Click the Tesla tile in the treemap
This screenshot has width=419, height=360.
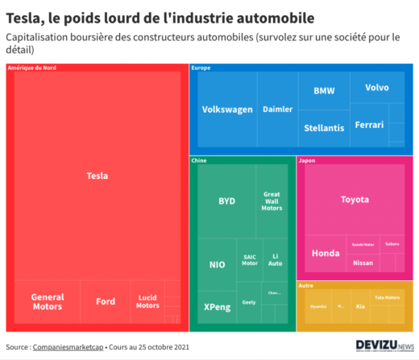(x=97, y=176)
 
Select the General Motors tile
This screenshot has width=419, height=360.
(x=47, y=302)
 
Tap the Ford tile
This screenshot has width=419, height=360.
(x=106, y=302)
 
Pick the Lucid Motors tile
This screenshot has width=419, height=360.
(x=147, y=302)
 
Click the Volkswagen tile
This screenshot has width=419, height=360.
(x=227, y=110)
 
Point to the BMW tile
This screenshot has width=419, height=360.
(x=324, y=90)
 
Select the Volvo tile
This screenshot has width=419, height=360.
(x=376, y=87)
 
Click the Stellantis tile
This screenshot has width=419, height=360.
(x=324, y=128)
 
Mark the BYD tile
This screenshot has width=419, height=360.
(x=227, y=201)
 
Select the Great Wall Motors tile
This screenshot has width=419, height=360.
(x=272, y=201)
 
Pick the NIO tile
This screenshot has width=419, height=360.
(x=218, y=264)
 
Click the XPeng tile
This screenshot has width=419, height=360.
(x=217, y=307)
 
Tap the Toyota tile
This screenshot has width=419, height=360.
(x=354, y=199)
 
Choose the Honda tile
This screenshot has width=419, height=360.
(x=326, y=254)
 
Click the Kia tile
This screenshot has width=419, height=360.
(x=360, y=307)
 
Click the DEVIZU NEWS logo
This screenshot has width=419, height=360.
(x=384, y=346)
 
